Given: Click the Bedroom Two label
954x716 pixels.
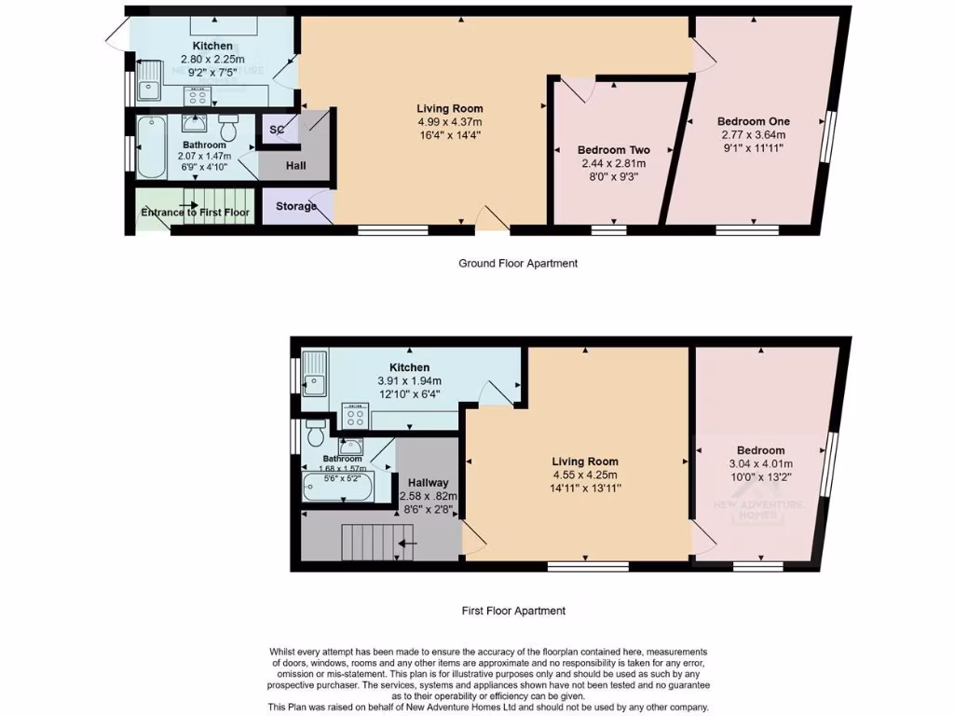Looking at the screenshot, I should pyautogui.click(x=613, y=150).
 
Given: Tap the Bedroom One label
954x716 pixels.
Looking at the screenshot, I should pyautogui.click(x=753, y=121).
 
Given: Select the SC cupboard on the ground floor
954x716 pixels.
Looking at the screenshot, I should pyautogui.click(x=277, y=130).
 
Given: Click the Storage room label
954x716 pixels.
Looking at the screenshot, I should pyautogui.click(x=296, y=206).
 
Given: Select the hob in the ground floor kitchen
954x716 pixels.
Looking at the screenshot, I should pyautogui.click(x=198, y=95).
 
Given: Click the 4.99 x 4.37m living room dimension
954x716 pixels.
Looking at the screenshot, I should pyautogui.click(x=450, y=121).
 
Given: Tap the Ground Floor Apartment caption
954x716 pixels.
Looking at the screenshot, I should pyautogui.click(x=518, y=264).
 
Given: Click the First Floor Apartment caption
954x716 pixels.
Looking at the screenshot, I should pyautogui.click(x=513, y=612).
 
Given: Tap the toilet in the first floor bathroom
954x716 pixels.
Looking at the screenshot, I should pyautogui.click(x=315, y=433).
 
